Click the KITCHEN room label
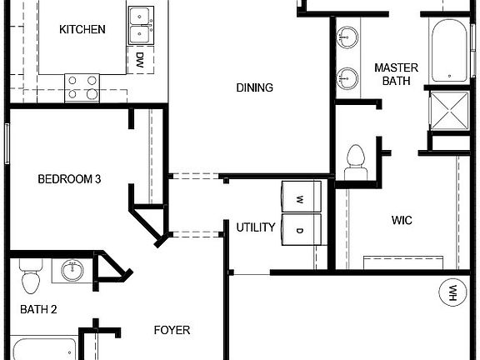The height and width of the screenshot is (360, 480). click(82, 30)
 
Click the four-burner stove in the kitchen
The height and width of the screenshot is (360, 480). click(82, 87)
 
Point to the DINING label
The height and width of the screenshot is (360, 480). click(255, 87)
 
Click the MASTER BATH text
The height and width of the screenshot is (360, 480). click(396, 74)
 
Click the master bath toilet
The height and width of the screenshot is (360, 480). click(357, 160)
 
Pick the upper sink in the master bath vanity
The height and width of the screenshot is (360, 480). click(348, 37)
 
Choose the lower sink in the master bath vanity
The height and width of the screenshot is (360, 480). click(348, 79)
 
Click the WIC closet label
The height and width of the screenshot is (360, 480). click(402, 221)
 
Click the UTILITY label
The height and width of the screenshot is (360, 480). click(255, 227)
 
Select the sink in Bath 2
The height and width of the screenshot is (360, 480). click(72, 270)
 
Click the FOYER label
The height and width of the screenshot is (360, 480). click(172, 329)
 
